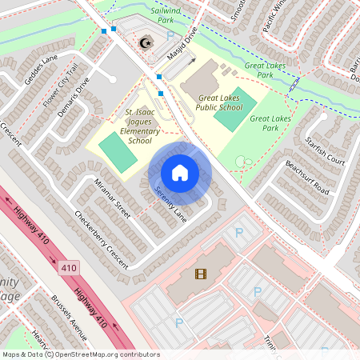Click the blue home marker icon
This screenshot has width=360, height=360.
click(x=180, y=173)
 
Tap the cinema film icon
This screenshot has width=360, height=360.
click(x=200, y=274)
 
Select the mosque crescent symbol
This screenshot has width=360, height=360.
click(x=145, y=42)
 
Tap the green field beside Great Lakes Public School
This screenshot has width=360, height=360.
click(x=235, y=110)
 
